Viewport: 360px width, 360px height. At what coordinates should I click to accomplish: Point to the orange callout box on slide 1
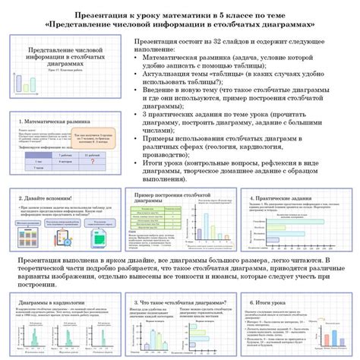pos(99,139)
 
